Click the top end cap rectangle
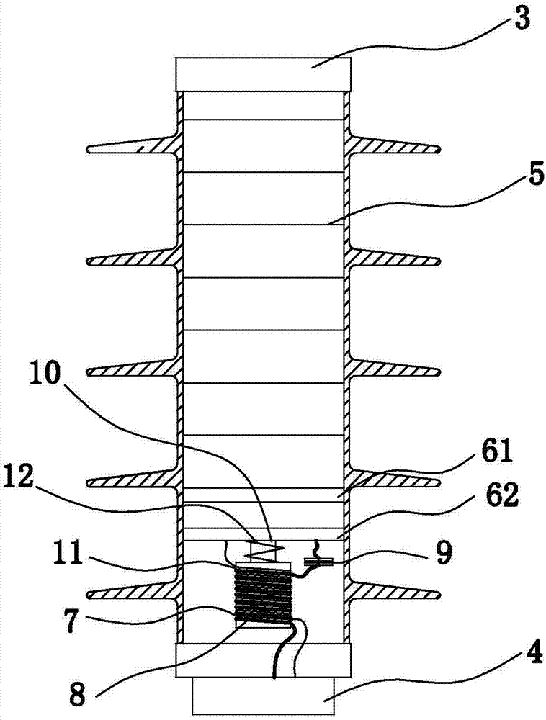coord(263,73)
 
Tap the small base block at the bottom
coord(263,695)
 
